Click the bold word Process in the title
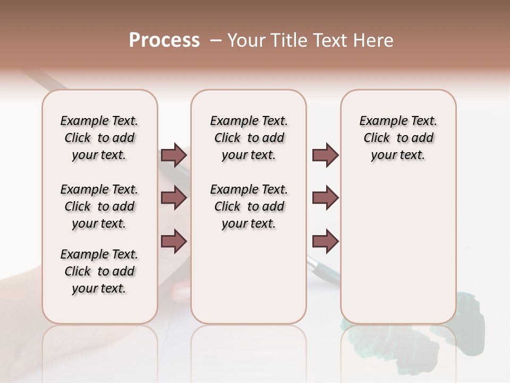[x=164, y=40]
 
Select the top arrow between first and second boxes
[x=174, y=155]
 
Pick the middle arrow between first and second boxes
[x=174, y=198]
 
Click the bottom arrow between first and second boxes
[x=174, y=241]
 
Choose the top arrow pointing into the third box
[x=325, y=155]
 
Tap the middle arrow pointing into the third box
[x=325, y=198]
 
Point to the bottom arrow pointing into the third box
[x=325, y=241]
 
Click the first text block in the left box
[x=99, y=138]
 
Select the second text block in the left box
[x=99, y=206]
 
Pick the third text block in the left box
[x=99, y=271]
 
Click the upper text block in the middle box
[x=249, y=138]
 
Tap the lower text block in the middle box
[x=249, y=206]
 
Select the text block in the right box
[x=398, y=138]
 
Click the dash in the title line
[x=216, y=40]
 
